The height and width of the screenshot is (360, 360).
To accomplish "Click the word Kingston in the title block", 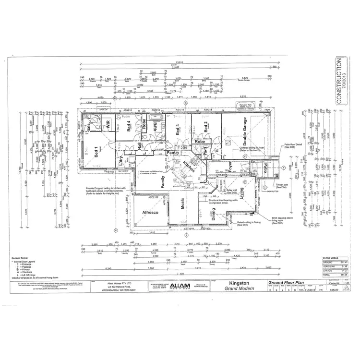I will (x=239, y=283).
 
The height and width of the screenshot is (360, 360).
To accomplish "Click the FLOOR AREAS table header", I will (x=331, y=258).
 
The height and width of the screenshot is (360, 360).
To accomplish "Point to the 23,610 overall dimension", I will (x=180, y=62).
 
